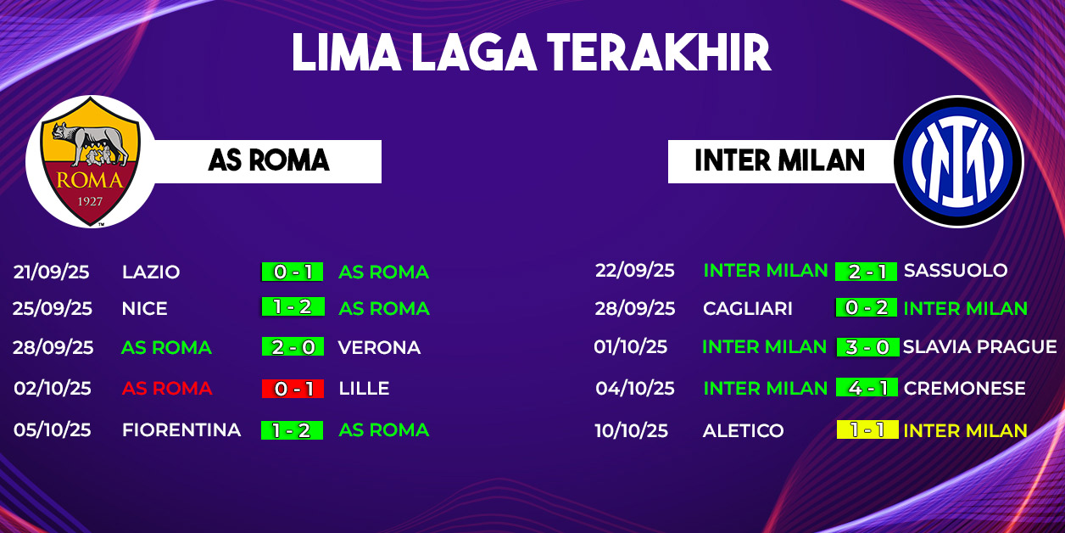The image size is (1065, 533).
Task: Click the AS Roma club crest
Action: (91, 162)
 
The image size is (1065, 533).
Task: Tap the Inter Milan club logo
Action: (958, 161)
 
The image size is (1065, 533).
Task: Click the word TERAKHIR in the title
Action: (659, 53)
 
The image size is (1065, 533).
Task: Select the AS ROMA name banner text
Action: (269, 160)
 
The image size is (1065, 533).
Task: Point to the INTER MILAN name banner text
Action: (780, 160)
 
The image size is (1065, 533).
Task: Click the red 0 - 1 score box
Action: (293, 389)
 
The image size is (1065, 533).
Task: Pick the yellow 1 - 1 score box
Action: (867, 429)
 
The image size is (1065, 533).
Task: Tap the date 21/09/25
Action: (52, 272)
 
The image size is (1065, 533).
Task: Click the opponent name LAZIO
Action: (151, 272)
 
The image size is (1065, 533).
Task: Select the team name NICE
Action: (144, 308)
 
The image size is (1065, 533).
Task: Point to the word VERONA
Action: (379, 347)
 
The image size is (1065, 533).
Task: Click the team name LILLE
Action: (365, 389)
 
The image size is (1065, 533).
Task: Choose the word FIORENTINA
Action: (181, 429)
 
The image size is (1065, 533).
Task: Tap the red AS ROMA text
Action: (167, 389)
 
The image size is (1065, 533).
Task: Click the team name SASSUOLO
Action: (956, 270)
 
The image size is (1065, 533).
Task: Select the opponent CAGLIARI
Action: (748, 308)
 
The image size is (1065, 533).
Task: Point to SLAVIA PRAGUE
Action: (980, 346)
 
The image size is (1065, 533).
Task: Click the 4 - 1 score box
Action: (867, 387)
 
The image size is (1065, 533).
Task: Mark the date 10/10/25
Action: (632, 430)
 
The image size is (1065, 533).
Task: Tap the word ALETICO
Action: (743, 430)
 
